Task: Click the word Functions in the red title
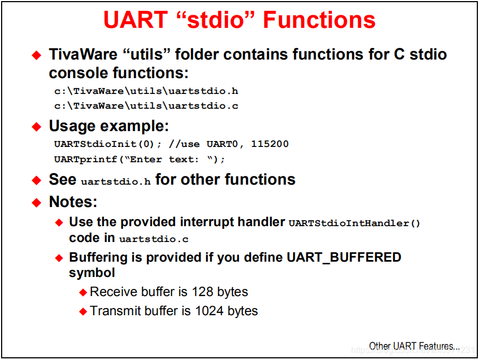coord(319,20)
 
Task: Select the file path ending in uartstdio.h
coord(146,91)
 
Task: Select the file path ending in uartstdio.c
coord(146,105)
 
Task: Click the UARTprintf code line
coord(139,159)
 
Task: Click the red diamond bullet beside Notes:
coord(36,203)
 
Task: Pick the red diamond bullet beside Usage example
coord(36,127)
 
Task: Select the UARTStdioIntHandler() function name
coord(354,223)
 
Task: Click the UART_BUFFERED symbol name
coord(344,257)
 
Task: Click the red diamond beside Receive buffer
coord(83,292)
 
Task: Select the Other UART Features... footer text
coord(414,346)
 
